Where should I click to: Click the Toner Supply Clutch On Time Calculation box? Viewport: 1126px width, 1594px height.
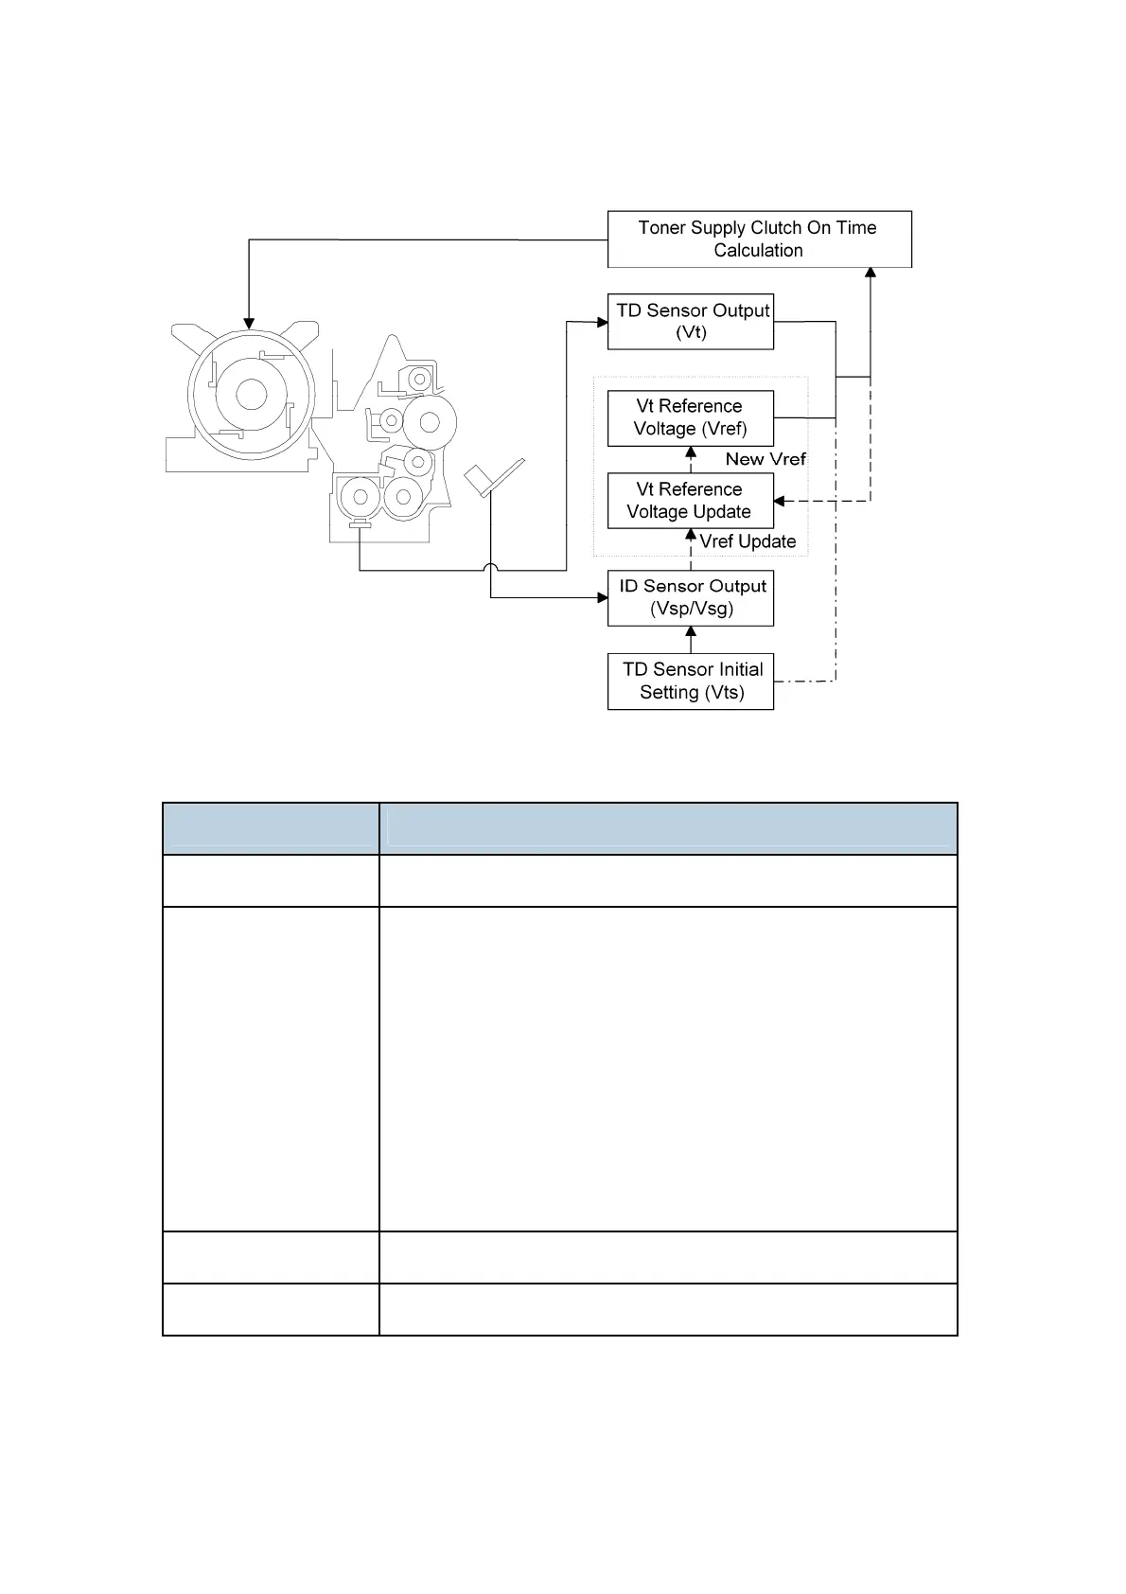pyautogui.click(x=759, y=239)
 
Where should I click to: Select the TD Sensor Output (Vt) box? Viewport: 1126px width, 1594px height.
pyautogui.click(x=691, y=322)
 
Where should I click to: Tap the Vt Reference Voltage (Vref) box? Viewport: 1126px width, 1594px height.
pyautogui.click(x=691, y=418)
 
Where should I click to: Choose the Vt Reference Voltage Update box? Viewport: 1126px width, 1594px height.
pyautogui.click(x=691, y=501)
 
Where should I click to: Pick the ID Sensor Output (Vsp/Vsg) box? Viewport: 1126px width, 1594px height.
pyautogui.click(x=691, y=598)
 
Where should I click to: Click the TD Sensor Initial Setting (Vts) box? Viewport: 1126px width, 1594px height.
pyautogui.click(x=691, y=681)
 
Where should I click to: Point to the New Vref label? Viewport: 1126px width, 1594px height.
pyautogui.click(x=765, y=459)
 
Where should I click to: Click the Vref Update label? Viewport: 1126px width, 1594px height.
pyautogui.click(x=748, y=541)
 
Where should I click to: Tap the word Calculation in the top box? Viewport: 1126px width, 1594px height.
pyautogui.click(x=758, y=251)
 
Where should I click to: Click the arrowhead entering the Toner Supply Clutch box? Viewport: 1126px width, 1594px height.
pyautogui.click(x=870, y=273)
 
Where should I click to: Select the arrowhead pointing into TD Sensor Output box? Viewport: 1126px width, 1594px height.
pyautogui.click(x=603, y=323)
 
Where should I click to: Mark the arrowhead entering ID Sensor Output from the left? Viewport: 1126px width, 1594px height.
pyautogui.click(x=603, y=598)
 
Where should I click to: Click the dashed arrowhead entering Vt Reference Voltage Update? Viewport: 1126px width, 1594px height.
pyautogui.click(x=779, y=501)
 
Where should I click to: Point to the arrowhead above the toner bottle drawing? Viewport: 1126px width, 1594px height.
pyautogui.click(x=249, y=324)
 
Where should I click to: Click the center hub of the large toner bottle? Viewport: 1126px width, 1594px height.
pyautogui.click(x=251, y=394)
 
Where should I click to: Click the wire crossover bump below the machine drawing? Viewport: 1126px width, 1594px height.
pyautogui.click(x=490, y=567)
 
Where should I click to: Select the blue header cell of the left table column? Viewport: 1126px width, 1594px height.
pyautogui.click(x=271, y=828)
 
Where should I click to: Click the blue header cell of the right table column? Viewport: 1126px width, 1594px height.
pyautogui.click(x=669, y=828)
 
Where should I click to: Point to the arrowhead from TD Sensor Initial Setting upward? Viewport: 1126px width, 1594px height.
pyautogui.click(x=691, y=631)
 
